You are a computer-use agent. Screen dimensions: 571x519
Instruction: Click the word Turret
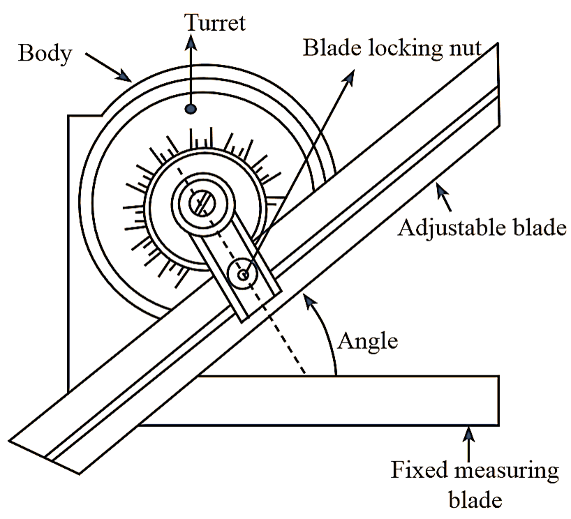215,22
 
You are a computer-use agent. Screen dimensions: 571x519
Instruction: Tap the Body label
45,54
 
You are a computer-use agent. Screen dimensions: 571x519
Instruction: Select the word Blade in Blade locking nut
332,47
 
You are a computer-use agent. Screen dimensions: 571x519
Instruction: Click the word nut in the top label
466,49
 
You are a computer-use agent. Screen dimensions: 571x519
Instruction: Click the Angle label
368,342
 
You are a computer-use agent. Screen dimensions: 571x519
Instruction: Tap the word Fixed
419,469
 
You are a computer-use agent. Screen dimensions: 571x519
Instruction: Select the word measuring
507,472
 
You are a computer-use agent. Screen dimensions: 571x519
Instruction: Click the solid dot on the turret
191,108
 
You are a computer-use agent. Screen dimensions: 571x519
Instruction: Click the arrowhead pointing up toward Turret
191,43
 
